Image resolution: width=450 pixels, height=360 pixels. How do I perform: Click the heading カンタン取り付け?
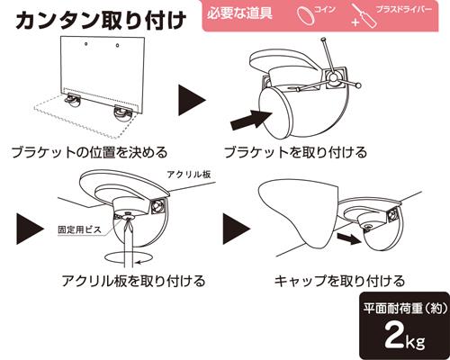click(101, 21)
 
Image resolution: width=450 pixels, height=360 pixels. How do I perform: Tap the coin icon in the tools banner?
click(306, 15)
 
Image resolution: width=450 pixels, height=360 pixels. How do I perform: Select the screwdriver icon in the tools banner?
click(364, 15)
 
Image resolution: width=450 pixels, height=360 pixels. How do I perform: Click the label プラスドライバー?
click(403, 9)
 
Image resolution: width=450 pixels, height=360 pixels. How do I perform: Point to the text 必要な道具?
click(239, 13)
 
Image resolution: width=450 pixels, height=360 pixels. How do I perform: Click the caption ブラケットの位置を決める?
click(89, 152)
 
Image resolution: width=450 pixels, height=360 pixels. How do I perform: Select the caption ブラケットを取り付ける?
click(295, 152)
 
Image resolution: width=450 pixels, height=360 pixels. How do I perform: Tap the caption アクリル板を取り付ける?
click(134, 281)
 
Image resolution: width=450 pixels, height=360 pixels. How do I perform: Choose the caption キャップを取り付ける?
click(339, 281)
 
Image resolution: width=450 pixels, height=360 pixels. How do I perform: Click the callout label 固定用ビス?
click(79, 230)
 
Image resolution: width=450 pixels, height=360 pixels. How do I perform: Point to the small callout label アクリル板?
click(189, 174)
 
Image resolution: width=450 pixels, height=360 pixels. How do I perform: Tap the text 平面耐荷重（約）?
click(406, 308)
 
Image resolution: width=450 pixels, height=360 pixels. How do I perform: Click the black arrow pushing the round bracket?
click(251, 119)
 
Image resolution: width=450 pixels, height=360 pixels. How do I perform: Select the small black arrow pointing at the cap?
click(348, 238)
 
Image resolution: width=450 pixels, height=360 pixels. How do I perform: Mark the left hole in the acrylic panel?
click(86, 44)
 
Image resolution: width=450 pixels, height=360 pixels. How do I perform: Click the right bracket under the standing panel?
click(123, 113)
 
